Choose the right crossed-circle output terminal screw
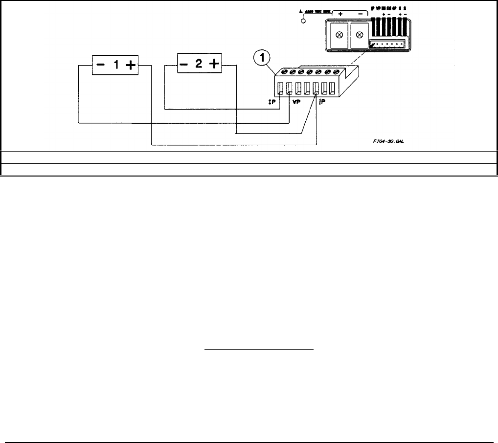(x=360, y=35)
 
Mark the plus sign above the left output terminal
(x=340, y=14)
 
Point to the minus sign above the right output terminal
(x=360, y=14)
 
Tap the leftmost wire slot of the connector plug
(x=280, y=89)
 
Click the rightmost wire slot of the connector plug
(x=332, y=89)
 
